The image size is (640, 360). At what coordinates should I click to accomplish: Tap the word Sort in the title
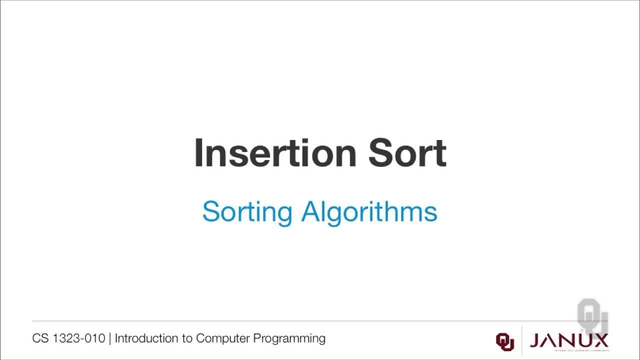coord(407,153)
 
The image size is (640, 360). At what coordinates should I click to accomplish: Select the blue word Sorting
coord(247,212)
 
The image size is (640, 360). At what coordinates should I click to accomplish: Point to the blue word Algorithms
coord(369,212)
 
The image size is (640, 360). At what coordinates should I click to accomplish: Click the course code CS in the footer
coord(40,338)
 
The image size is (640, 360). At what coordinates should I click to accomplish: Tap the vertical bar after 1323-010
coord(110,338)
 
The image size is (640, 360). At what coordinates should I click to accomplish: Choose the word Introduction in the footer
coord(146,338)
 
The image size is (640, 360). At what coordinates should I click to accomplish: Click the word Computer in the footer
coord(222,338)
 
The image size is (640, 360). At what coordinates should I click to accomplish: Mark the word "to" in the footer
coord(187,338)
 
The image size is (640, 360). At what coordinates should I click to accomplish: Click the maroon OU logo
coord(504,341)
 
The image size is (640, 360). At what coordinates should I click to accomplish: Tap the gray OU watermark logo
coord(592,315)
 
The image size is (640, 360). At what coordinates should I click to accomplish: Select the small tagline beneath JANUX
coord(569,350)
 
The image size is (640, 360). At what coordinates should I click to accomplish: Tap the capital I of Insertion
coord(198,153)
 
